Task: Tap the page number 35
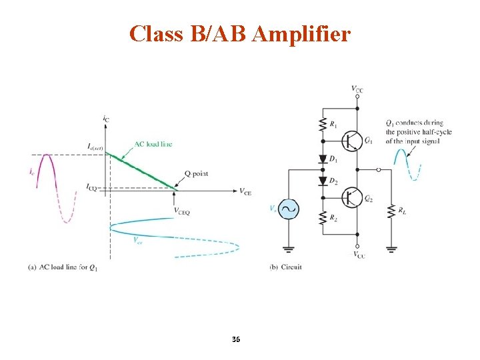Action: coord(236,340)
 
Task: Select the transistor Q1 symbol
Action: coord(351,140)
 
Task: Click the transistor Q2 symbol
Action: coord(351,198)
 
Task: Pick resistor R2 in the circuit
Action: coord(323,218)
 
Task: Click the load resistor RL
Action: coord(391,211)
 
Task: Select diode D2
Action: coord(323,181)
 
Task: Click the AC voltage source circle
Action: coord(289,209)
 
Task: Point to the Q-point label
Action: coord(196,174)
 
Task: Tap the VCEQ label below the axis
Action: coord(182,212)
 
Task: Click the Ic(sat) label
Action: coord(94,146)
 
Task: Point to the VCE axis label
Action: coord(245,192)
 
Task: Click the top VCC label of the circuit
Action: coord(357,89)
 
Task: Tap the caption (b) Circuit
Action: coord(285,267)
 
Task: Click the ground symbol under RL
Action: coord(391,250)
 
